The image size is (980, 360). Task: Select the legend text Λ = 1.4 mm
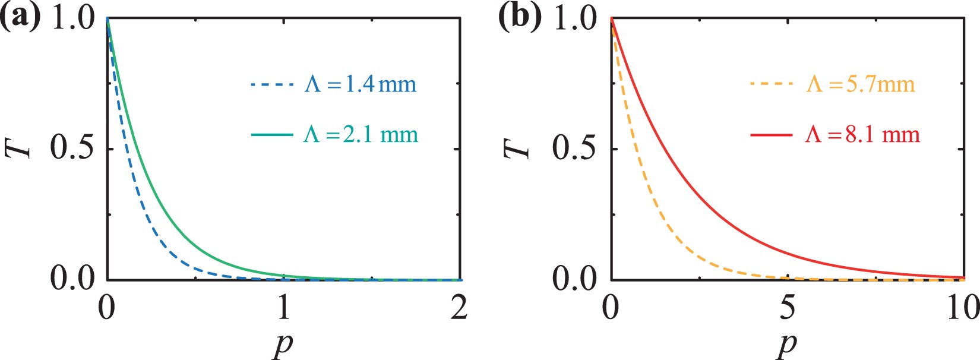(361, 84)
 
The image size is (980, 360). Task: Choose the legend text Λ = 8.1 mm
(862, 134)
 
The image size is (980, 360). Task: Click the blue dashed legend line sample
(272, 85)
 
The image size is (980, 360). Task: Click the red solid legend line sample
(772, 135)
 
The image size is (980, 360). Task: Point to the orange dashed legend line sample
(772, 85)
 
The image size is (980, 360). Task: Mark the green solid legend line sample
(272, 135)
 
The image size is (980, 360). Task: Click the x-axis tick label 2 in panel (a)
(459, 308)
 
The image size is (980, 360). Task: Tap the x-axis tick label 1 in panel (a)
(283, 308)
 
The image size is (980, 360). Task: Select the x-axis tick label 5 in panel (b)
(787, 308)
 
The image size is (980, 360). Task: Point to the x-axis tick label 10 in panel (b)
(962, 308)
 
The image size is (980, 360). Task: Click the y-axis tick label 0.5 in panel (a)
(72, 149)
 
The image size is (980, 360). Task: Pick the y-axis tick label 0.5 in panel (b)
(574, 149)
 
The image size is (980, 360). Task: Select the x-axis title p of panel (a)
(283, 344)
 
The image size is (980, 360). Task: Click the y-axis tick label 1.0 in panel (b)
(574, 18)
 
